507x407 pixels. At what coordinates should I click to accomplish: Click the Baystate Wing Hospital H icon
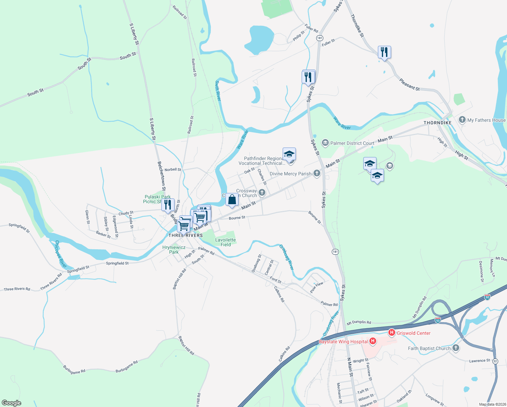click(373, 341)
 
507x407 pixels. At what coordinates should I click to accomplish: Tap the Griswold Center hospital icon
click(392, 333)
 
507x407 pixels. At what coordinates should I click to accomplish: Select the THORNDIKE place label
click(438, 123)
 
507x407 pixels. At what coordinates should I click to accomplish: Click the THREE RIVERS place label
click(186, 235)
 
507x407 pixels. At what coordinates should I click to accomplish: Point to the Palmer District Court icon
click(325, 143)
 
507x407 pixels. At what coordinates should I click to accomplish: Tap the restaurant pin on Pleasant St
click(384, 52)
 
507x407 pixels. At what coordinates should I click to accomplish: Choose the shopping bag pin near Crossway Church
click(232, 200)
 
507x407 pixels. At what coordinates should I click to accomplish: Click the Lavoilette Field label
click(225, 242)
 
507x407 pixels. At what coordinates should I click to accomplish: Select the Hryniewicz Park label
click(174, 250)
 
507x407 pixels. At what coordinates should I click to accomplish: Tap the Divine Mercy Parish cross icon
click(317, 173)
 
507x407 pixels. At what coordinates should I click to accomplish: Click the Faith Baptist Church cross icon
click(456, 348)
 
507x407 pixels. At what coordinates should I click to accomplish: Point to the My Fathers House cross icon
click(462, 120)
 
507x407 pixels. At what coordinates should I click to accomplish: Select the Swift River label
click(218, 91)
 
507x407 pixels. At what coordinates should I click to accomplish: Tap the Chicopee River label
click(61, 254)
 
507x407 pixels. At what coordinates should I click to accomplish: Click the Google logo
click(12, 403)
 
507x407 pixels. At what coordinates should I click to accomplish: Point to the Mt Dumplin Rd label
click(359, 323)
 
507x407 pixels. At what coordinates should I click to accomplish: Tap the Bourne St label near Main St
click(237, 218)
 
